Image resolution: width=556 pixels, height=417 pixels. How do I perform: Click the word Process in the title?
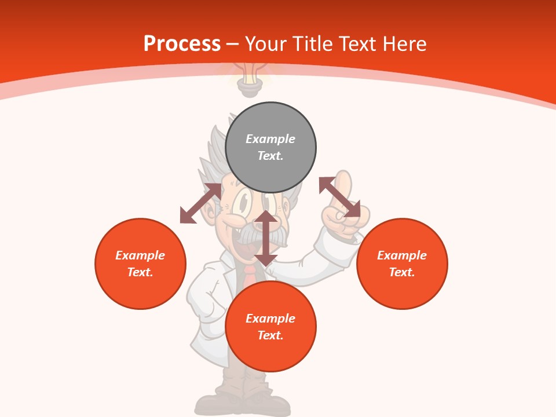click(x=182, y=44)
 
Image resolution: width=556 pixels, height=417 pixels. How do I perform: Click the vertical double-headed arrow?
click(x=266, y=238)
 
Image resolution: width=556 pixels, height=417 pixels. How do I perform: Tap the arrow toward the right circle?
click(x=339, y=197)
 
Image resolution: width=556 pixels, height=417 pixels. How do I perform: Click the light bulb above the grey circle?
click(x=249, y=81)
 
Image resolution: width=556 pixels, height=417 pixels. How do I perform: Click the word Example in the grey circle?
click(x=270, y=139)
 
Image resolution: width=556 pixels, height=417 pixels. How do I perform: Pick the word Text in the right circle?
click(x=400, y=272)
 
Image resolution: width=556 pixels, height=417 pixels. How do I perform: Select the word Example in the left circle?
click(x=140, y=255)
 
